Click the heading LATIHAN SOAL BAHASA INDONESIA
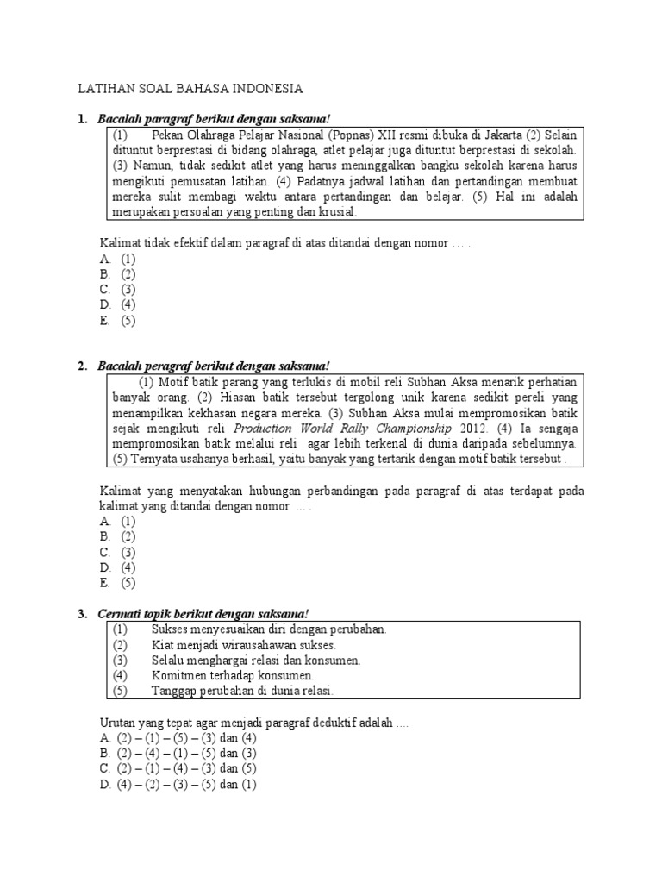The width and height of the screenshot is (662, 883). [x=190, y=89]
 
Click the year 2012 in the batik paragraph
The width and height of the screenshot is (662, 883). [x=471, y=428]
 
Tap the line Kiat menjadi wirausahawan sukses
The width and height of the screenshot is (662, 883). [x=244, y=645]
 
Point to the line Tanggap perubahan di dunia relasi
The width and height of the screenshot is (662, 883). [x=242, y=692]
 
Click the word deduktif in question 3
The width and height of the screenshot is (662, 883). [x=339, y=723]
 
